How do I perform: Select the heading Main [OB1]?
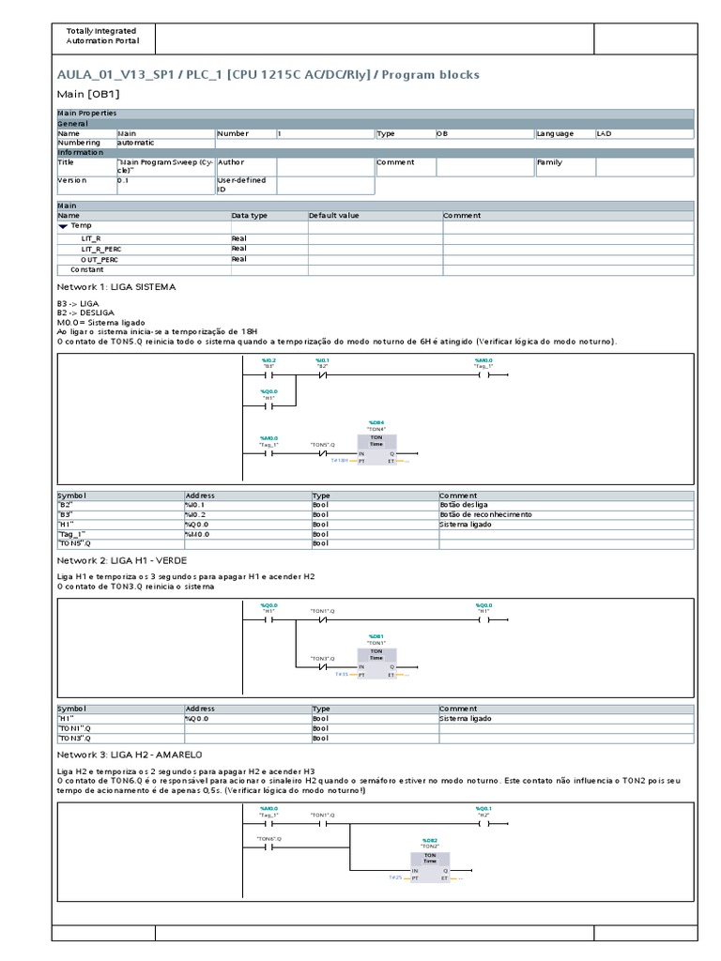[x=88, y=94]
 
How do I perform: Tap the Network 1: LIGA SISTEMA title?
[x=116, y=286]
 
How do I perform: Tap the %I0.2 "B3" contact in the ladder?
[x=269, y=374]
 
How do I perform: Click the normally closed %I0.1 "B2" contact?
[x=322, y=374]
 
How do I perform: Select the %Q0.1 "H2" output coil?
[x=483, y=825]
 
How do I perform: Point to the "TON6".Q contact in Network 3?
[x=269, y=846]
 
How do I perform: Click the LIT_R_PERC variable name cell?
[x=101, y=249]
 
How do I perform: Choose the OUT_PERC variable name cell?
[x=100, y=259]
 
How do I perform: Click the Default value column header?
[x=334, y=216]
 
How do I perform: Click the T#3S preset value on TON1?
[x=342, y=674]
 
